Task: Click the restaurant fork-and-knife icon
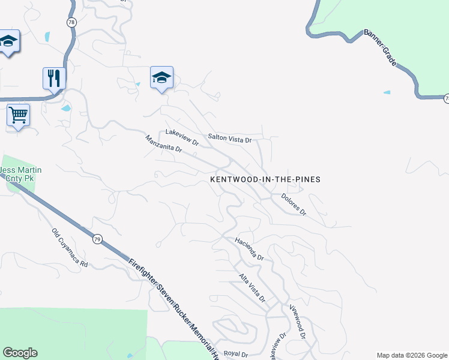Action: (x=54, y=78)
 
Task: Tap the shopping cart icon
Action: (x=18, y=114)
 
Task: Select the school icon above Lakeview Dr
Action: (x=161, y=77)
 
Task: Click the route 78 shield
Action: (x=71, y=22)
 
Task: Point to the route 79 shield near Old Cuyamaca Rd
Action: (x=97, y=239)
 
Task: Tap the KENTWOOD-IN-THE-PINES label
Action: (x=265, y=179)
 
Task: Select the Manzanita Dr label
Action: (x=163, y=148)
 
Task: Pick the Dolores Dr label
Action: (x=294, y=204)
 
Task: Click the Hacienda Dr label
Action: (x=250, y=248)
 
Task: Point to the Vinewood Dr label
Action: (x=298, y=320)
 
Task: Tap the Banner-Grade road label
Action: (x=381, y=47)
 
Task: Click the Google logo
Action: (x=20, y=353)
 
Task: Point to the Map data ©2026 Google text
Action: (x=412, y=355)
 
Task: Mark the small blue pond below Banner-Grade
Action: (x=387, y=93)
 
